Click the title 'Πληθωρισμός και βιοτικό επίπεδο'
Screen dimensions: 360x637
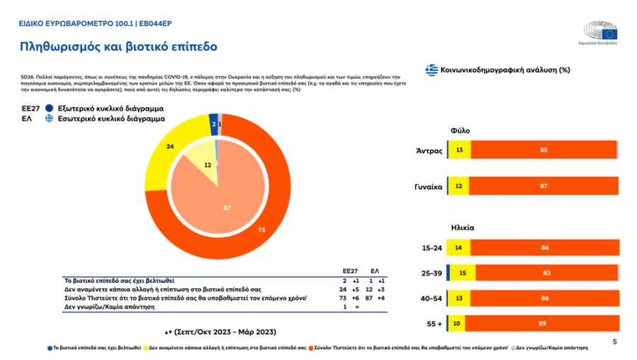click(x=117, y=47)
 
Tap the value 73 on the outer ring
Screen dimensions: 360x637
click(x=261, y=230)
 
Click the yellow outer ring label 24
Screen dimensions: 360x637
click(x=170, y=146)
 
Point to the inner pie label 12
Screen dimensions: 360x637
click(x=207, y=164)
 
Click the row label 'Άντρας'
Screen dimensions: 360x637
click(x=430, y=150)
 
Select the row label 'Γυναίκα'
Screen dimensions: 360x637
click(x=428, y=187)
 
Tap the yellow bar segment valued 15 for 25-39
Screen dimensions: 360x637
click(x=462, y=274)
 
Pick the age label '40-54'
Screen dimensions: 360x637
click(x=432, y=299)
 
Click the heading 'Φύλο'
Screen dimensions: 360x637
click(x=460, y=130)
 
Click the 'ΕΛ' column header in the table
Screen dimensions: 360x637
click(x=375, y=270)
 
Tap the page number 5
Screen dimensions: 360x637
click(x=614, y=342)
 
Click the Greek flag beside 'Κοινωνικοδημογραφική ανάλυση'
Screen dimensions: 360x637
click(x=431, y=70)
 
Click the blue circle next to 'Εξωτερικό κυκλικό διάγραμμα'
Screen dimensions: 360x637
click(x=49, y=108)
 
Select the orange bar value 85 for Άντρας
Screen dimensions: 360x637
click(x=542, y=150)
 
